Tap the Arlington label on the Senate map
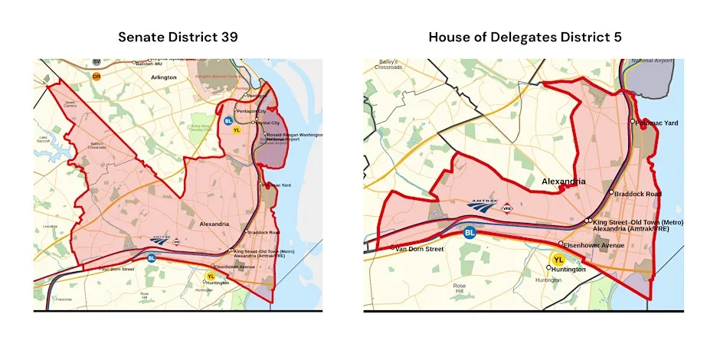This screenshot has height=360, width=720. [163, 77]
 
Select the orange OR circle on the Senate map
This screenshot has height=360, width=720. [97, 76]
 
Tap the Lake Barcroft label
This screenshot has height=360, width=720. [42, 141]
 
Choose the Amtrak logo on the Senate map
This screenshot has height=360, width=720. [159, 239]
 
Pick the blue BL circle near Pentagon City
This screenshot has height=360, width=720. [227, 120]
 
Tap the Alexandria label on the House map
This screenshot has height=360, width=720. [564, 182]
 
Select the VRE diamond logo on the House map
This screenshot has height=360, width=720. [507, 208]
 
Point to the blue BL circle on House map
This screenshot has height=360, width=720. [470, 231]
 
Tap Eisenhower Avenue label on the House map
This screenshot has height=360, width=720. [594, 245]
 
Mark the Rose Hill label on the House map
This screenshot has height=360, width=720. [481, 289]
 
